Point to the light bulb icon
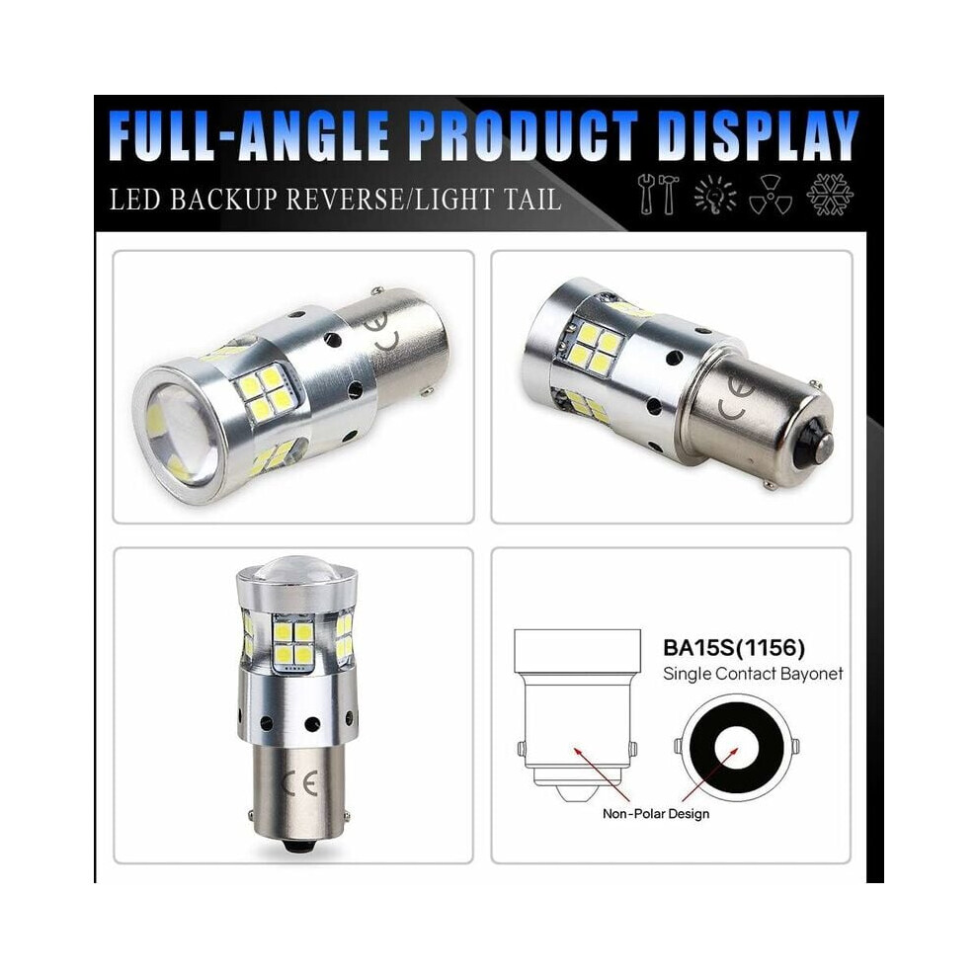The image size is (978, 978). (715, 194)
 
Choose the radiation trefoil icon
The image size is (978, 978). (771, 194)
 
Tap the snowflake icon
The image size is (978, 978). (830, 194)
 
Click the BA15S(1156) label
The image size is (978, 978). (733, 648)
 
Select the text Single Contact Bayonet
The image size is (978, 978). (753, 674)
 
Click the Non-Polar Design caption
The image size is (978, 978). (656, 813)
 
